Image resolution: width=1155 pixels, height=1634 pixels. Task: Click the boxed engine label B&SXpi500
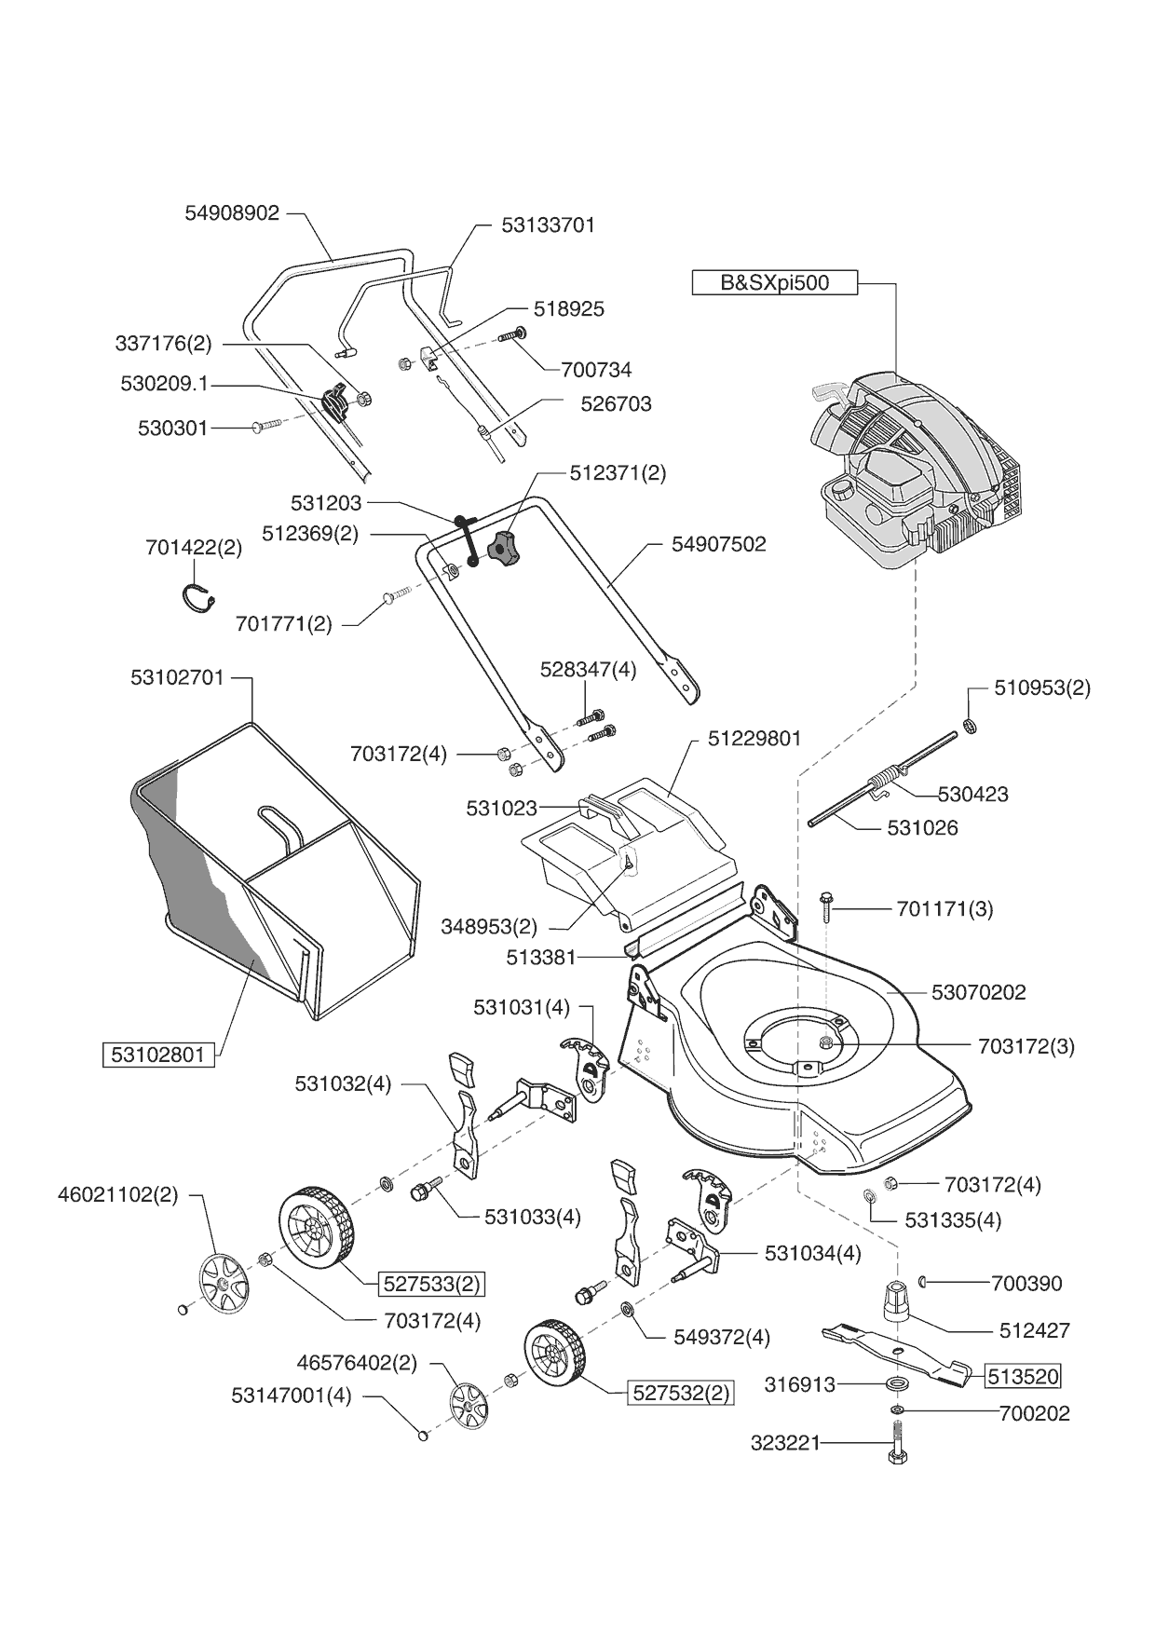pos(774,282)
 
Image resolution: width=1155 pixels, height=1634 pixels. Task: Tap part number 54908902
pos(233,213)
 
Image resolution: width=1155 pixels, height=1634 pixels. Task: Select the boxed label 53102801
pos(157,1055)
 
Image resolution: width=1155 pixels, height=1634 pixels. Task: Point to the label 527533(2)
pos(432,1284)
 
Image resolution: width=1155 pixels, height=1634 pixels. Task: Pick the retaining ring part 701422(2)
pos(197,597)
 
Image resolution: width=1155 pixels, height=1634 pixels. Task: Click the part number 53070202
pos(979,992)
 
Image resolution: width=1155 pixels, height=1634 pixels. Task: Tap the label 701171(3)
pos(944,908)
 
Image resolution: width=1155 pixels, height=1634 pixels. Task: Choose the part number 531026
pos(922,827)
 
